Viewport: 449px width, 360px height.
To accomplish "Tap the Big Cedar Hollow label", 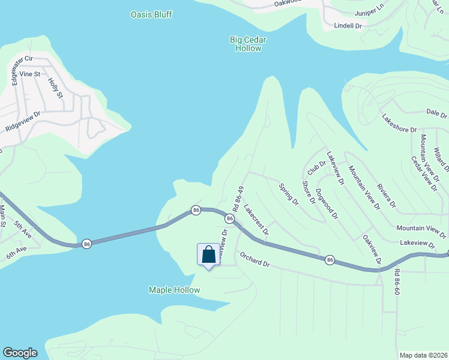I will coord(247,44).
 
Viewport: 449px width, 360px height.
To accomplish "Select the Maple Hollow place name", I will coord(174,290).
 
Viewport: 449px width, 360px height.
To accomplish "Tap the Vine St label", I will coord(29,74).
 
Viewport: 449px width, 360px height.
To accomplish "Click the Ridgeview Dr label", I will coord(22,121).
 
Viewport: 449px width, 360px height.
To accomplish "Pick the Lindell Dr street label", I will coord(348,26).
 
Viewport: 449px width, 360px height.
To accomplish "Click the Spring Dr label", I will coord(289,194).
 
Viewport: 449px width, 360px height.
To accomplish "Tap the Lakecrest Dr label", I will coord(256,219).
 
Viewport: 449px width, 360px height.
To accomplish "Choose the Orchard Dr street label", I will coord(256,259).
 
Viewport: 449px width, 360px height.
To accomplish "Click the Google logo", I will coord(20,353).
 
